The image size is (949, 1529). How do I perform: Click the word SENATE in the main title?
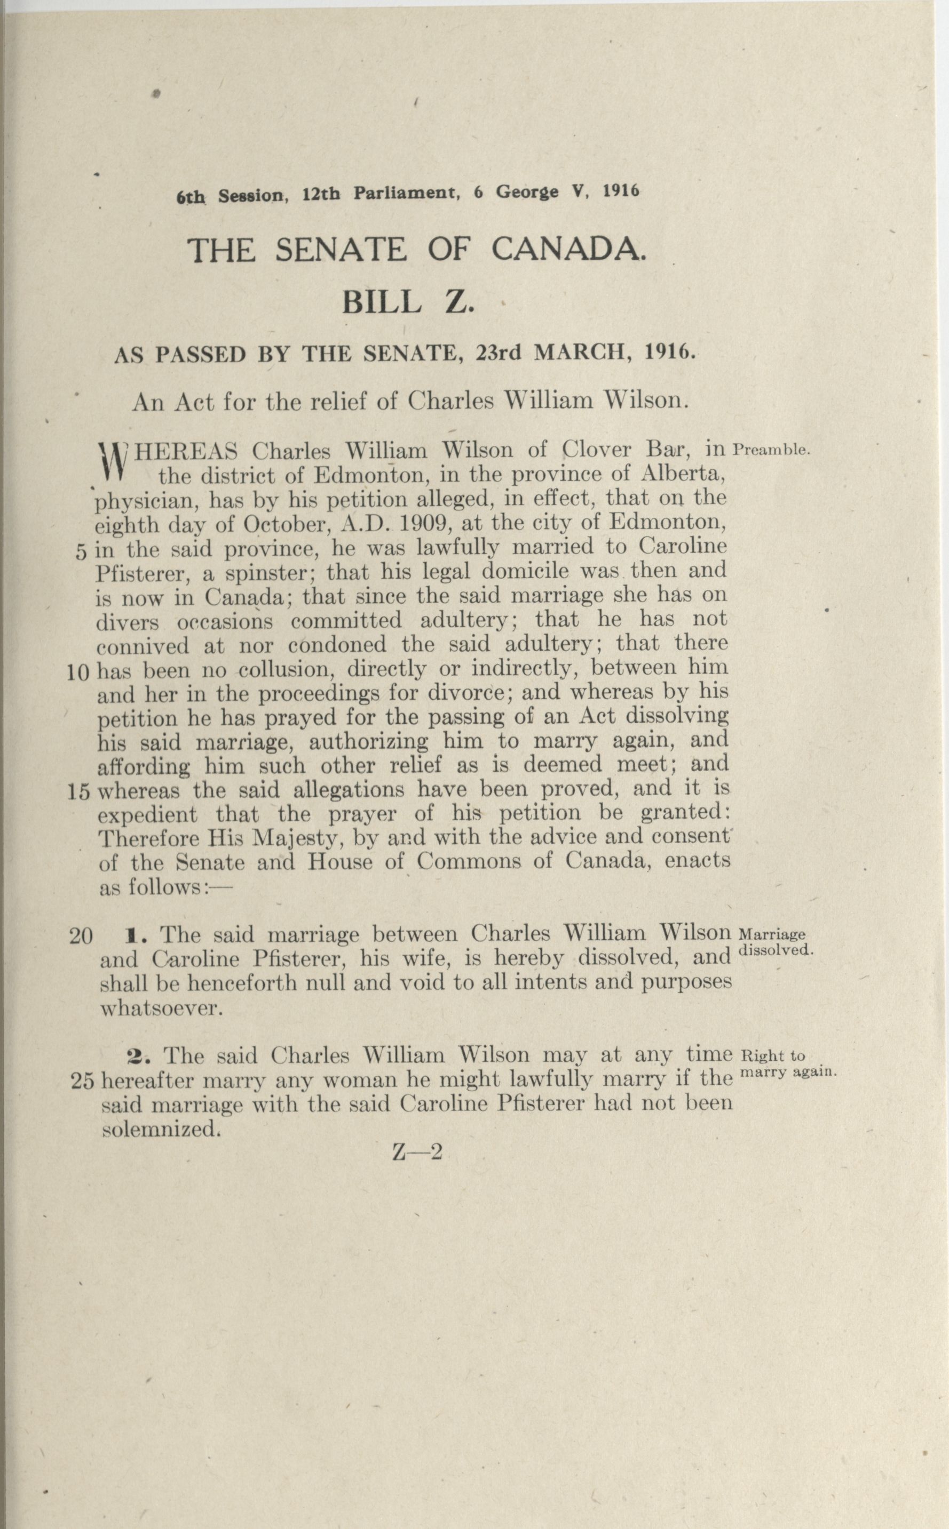(340, 250)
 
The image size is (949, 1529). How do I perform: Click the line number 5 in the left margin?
(81, 552)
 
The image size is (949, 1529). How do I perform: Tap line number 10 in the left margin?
(78, 673)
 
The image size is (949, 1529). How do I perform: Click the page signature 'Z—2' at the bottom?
(417, 1151)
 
